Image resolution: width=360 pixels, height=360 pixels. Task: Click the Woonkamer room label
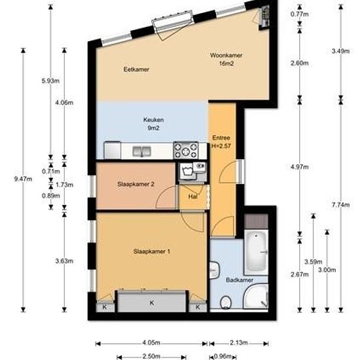(x=226, y=56)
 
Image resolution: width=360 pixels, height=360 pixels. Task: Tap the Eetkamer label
(x=136, y=69)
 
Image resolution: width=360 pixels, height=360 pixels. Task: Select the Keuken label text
(x=153, y=120)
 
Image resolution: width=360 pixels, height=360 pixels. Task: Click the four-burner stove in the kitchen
(x=186, y=151)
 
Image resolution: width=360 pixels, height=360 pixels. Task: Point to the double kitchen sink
(x=141, y=152)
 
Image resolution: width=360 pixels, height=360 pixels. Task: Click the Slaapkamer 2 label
(x=135, y=184)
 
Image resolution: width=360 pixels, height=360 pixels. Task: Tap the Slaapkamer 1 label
(x=152, y=251)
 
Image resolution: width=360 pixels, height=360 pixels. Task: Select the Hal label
(x=192, y=196)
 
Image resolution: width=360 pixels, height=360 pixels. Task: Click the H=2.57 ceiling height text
(x=221, y=146)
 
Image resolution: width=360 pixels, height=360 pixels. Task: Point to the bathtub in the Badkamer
(x=256, y=252)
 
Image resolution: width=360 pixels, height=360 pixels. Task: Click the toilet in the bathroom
(x=226, y=302)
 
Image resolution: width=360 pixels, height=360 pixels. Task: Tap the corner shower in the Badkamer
(x=256, y=297)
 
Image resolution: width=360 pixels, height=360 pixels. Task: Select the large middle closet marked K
(x=152, y=302)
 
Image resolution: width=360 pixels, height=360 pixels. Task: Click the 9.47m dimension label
(x=23, y=179)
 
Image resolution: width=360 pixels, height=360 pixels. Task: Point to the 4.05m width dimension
(x=151, y=343)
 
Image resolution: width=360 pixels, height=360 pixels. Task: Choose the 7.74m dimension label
(x=341, y=205)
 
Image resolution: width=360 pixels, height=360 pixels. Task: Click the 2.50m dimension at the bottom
(x=151, y=356)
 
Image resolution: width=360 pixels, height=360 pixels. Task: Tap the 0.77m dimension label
(x=299, y=14)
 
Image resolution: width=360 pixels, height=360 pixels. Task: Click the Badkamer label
(x=240, y=280)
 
